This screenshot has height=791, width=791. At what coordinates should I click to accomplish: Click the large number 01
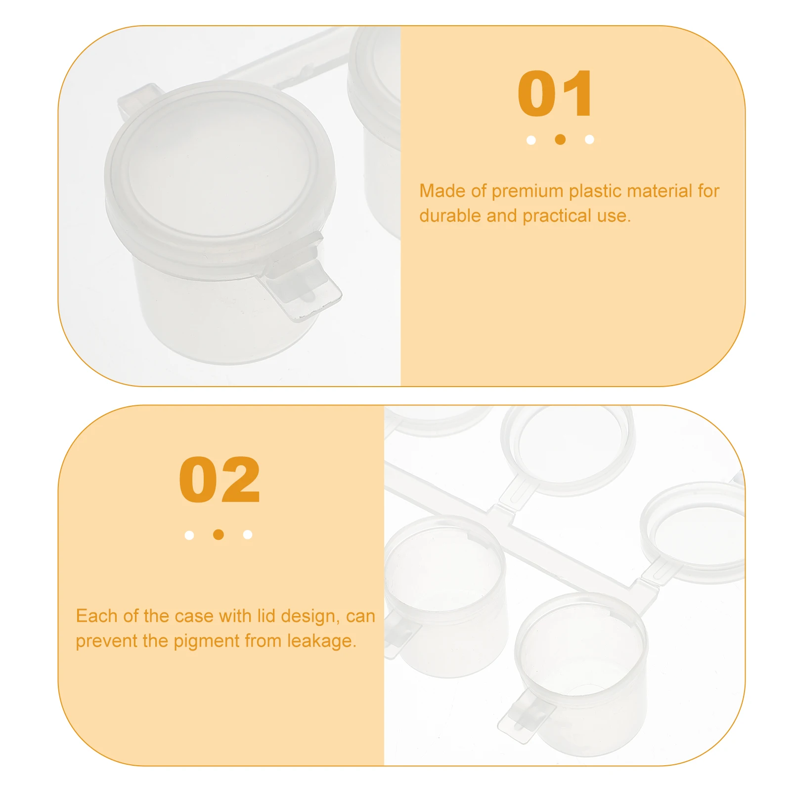click(555, 93)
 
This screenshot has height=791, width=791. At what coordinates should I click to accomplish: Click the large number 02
click(219, 480)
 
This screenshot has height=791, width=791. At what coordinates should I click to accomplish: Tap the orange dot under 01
click(560, 139)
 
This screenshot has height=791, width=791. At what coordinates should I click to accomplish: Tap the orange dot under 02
click(219, 534)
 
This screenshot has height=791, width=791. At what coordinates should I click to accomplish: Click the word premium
click(527, 191)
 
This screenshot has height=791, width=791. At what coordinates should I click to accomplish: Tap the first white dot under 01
click(531, 140)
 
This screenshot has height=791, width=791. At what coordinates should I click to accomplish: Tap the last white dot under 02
click(248, 534)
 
